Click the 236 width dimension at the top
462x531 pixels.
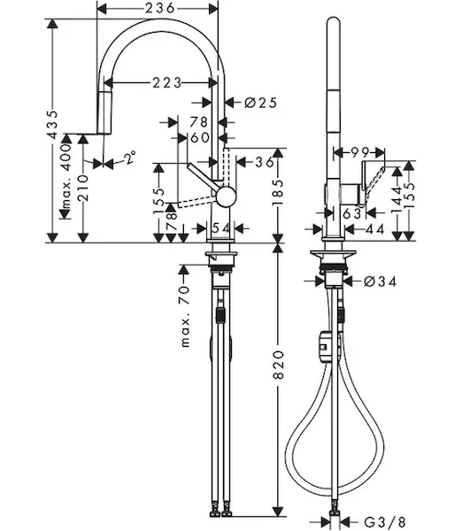coord(160,7)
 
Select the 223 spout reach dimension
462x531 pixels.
coord(167,82)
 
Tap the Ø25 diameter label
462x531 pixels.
coord(260,103)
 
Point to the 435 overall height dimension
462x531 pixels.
coord(52,124)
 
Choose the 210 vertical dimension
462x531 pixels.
coord(82,188)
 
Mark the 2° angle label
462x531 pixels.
coord(129,158)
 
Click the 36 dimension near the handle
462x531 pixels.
coord(265,163)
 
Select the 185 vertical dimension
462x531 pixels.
coord(279,192)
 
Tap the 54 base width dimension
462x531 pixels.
coord(221,228)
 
